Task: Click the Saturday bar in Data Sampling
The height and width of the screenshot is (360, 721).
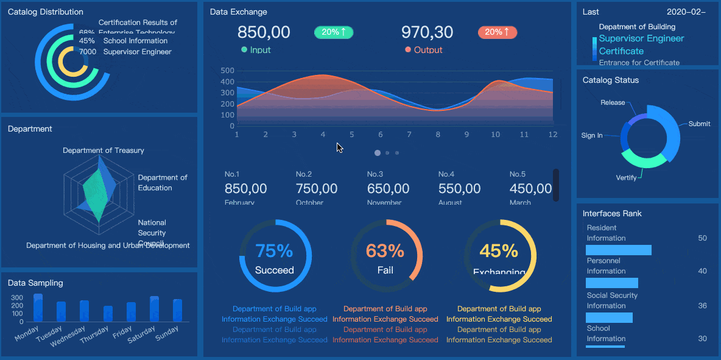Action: [x=154, y=309]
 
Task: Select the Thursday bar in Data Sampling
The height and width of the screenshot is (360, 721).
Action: [x=108, y=313]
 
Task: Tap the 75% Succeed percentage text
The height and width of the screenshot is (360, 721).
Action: [x=274, y=250]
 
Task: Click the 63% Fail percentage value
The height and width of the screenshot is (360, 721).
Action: [x=385, y=250]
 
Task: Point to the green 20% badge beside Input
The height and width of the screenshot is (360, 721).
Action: [x=334, y=32]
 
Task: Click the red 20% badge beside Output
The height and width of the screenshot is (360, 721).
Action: [x=498, y=32]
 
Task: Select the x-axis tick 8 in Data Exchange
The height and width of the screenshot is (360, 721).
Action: [x=437, y=135]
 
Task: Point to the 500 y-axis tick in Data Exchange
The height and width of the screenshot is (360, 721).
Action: [x=227, y=71]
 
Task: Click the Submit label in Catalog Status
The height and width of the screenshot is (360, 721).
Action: [x=699, y=124]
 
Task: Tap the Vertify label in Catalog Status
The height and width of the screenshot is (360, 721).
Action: [x=626, y=178]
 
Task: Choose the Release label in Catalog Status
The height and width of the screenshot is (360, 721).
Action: [x=613, y=102]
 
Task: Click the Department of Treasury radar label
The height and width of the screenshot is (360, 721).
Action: [x=104, y=150]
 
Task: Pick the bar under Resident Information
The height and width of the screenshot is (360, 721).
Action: [x=618, y=250]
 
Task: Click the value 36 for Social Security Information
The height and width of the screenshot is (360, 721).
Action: [x=702, y=306]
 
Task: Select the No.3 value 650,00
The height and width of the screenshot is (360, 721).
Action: [x=388, y=189]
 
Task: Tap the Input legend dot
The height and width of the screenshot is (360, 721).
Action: [x=244, y=50]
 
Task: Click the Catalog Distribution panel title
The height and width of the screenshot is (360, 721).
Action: [x=46, y=12]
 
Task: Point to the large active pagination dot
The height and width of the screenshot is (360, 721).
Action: [x=378, y=153]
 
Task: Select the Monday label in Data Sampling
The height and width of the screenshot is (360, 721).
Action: [x=27, y=333]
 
